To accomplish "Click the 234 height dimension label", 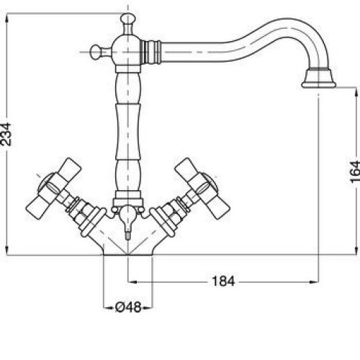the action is coord(6,134).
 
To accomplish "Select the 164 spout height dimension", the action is coord(355,172).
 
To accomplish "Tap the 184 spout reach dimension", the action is coord(223,281).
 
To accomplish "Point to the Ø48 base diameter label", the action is coord(128,307).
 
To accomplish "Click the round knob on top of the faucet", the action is coord(128,19).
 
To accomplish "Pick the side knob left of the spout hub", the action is coord(96,52).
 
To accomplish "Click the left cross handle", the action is coord(54,188).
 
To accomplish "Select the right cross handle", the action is coord(202,188).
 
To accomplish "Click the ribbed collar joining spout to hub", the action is coord(150,52).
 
